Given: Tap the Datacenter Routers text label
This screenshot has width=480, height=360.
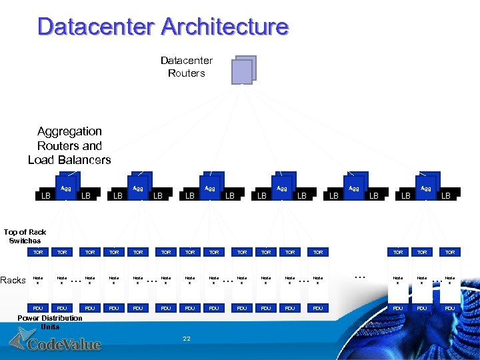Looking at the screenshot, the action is coord(187,67).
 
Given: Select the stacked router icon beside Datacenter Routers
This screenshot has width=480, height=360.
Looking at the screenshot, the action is coord(243,69).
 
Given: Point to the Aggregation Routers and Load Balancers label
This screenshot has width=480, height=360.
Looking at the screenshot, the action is coord(69,145).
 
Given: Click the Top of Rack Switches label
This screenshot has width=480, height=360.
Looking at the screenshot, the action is coord(25,237).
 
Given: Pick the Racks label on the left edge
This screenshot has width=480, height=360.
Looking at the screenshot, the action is coord(13,280).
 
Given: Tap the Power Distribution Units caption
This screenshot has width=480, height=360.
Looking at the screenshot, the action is coord(50,322).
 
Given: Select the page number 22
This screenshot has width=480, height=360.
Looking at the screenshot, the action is coord(187,339).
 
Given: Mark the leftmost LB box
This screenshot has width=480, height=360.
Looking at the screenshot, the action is coord(45,196).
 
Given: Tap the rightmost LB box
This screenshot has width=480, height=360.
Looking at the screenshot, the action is coord(446,195).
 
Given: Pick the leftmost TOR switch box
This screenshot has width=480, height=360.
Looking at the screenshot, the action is coord(38,253).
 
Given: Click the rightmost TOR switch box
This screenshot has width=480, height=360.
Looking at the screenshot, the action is coord(450,253).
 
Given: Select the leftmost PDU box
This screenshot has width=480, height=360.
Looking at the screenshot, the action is coord(38,308).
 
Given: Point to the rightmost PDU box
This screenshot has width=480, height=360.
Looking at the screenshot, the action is coord(450,308).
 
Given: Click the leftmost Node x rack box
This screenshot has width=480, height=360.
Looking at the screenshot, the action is coord(38,280).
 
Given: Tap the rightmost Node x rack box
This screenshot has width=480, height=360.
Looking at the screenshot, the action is coord(450,280).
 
